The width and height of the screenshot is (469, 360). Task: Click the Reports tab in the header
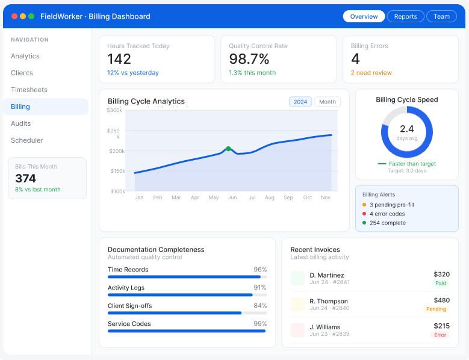click(x=405, y=16)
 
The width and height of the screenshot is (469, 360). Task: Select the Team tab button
click(x=441, y=16)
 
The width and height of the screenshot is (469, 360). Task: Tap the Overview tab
click(x=364, y=16)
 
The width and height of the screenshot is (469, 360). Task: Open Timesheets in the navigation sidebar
click(x=29, y=90)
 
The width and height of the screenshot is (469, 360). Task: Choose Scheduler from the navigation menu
click(x=27, y=140)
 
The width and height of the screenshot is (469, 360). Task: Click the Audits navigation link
click(x=20, y=123)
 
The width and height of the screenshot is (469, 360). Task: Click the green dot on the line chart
click(x=228, y=149)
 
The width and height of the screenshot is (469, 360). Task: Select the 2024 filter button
click(x=300, y=102)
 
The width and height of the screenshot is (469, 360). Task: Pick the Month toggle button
click(x=328, y=102)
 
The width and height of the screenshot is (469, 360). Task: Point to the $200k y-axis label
click(x=117, y=151)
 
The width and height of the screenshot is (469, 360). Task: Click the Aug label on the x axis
click(x=270, y=197)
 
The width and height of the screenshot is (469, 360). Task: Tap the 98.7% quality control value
click(x=249, y=59)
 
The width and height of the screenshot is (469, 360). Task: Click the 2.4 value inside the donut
click(x=407, y=129)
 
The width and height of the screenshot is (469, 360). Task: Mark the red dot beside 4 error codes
click(x=364, y=214)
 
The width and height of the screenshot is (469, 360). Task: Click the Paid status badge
click(x=441, y=283)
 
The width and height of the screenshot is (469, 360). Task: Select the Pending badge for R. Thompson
click(x=436, y=309)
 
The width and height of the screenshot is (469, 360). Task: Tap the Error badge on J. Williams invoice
click(x=440, y=335)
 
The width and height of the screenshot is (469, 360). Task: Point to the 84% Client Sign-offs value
click(x=260, y=306)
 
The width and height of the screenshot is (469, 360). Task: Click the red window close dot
click(x=14, y=16)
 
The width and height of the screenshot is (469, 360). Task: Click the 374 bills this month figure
click(x=26, y=179)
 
